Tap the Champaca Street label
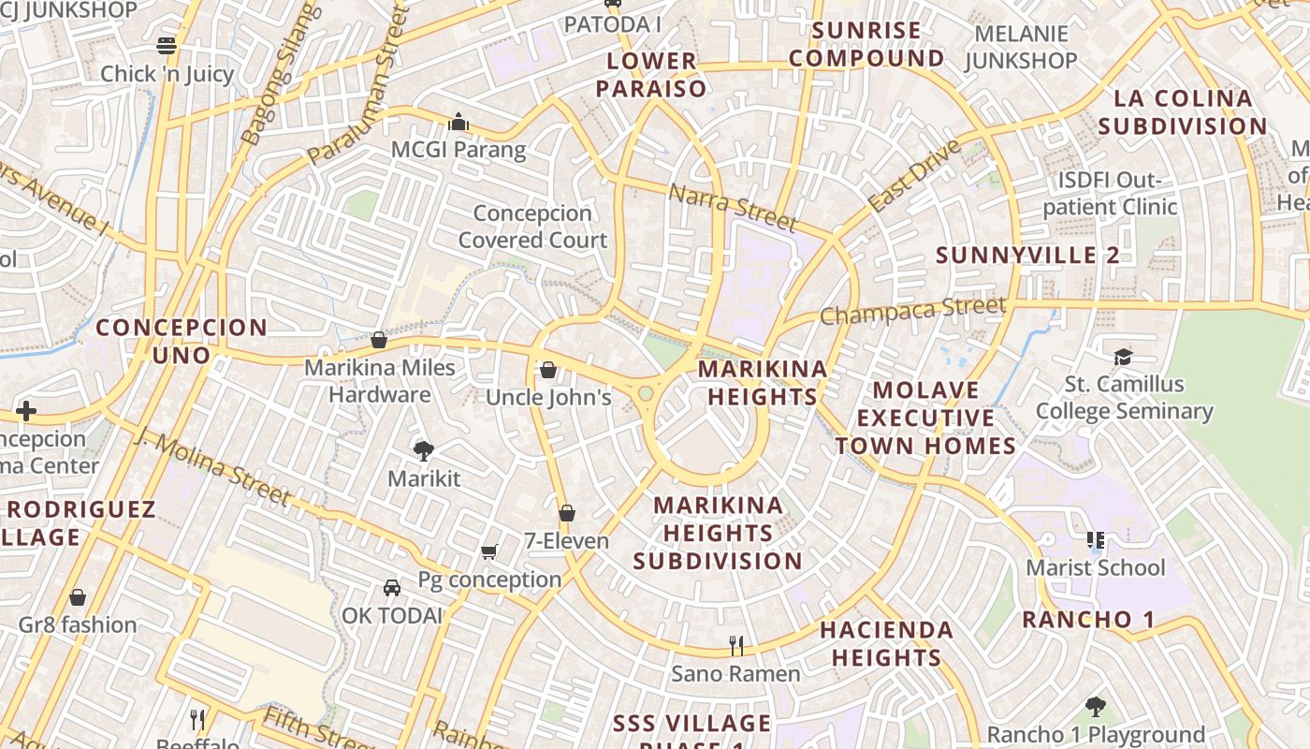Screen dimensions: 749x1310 [x=912, y=310]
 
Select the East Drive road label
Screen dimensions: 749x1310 [x=913, y=175]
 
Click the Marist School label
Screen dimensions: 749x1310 [x=1096, y=567]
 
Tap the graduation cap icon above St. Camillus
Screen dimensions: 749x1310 [x=1123, y=357]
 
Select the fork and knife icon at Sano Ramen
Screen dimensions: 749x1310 [x=736, y=645]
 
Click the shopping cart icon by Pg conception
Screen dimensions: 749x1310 [x=488, y=551]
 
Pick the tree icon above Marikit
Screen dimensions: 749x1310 [x=424, y=451]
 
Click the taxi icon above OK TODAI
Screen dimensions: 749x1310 [x=391, y=588]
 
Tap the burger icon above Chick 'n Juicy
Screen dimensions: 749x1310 [x=167, y=46]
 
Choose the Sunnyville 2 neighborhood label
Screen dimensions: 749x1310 [x=1027, y=255]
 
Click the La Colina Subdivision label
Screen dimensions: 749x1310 [x=1183, y=111]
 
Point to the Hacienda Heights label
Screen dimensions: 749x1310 [x=886, y=643]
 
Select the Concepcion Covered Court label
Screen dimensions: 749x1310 [x=532, y=227]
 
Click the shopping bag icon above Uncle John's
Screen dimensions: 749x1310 [x=548, y=370]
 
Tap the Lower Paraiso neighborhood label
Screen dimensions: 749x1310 [x=652, y=75]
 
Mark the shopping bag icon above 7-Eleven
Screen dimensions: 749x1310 [x=566, y=513]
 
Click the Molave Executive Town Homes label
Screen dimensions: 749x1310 [x=925, y=418]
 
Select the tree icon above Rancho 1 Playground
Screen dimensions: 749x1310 [x=1095, y=707]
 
